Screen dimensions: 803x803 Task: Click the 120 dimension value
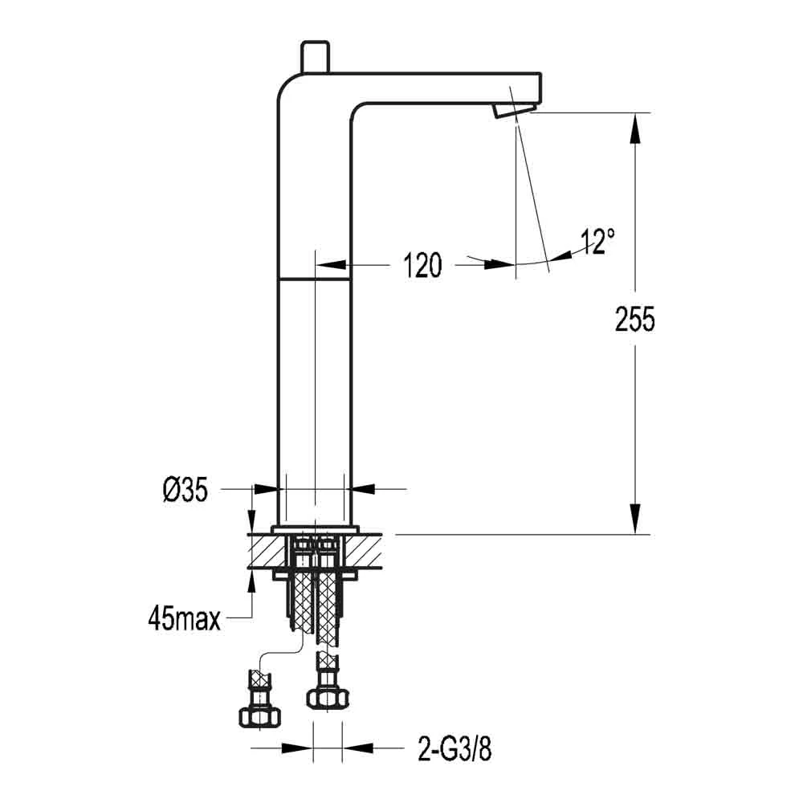pos(422,264)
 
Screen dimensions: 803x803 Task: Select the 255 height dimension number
pos(635,319)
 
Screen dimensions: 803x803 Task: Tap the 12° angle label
pos(598,241)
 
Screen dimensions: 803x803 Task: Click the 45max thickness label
pos(184,618)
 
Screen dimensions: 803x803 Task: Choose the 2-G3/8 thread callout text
pos(454,750)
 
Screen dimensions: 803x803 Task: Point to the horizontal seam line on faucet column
pos(314,279)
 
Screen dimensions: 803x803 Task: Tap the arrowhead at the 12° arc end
pos(562,255)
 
